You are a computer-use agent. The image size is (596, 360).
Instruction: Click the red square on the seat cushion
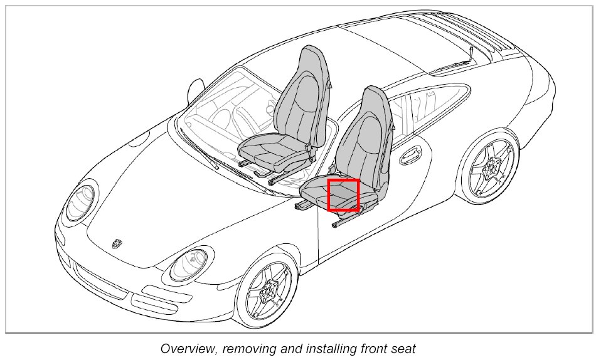[343, 194]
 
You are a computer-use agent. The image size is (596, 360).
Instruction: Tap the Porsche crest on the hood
[117, 243]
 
